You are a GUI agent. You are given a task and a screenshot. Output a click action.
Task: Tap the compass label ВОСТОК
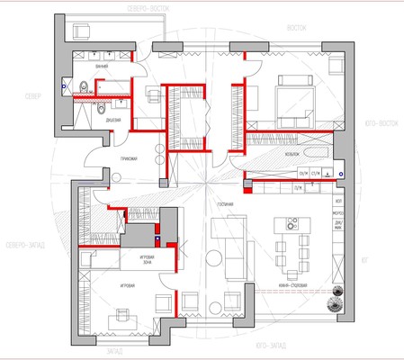pyautogui.click(x=297, y=27)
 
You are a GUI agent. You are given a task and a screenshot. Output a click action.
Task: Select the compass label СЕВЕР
pyautogui.click(x=32, y=94)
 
